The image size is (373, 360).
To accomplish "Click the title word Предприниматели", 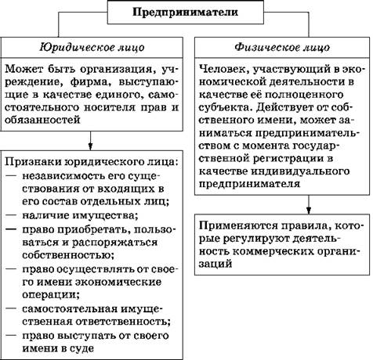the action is pos(185,12).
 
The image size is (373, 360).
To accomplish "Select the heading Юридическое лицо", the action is pos(92,48).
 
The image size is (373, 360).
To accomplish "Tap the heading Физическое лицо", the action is pos(282,48).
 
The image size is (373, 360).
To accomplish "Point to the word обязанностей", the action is pos(42,120).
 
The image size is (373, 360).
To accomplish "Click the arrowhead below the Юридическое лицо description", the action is pos(90,146).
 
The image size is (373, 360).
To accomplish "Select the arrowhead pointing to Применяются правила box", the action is pos(309,211).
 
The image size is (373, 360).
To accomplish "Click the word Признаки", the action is pos(32,162).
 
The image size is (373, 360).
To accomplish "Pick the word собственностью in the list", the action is pos(68,255).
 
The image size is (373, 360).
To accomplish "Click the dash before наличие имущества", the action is pos(11,215).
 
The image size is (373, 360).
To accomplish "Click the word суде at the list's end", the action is pos(81,348).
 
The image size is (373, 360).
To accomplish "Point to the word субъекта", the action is pos(225,108).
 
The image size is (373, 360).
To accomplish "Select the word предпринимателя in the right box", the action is pos(249,184).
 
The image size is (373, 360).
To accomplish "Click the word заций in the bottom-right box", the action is pos(215,264).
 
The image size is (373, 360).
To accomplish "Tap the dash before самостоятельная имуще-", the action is pos(11,308).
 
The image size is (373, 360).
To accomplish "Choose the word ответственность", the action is pos(123,322).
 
